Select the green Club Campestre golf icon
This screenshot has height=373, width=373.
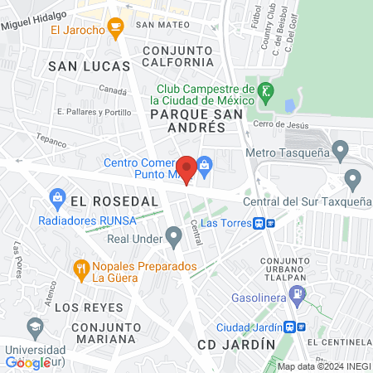point(265,90)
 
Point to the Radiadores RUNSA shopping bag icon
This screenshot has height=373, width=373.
point(57,196)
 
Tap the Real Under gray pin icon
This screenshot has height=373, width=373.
point(173,239)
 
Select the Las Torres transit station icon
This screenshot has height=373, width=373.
point(260,223)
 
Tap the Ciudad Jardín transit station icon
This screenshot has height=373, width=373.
point(288,327)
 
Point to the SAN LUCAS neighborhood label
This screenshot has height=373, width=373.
point(89,65)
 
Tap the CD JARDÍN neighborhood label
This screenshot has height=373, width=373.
point(235,343)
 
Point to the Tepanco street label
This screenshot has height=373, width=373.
point(51,141)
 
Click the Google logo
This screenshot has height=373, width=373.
point(28,362)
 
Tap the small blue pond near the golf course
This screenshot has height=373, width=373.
point(288,106)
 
